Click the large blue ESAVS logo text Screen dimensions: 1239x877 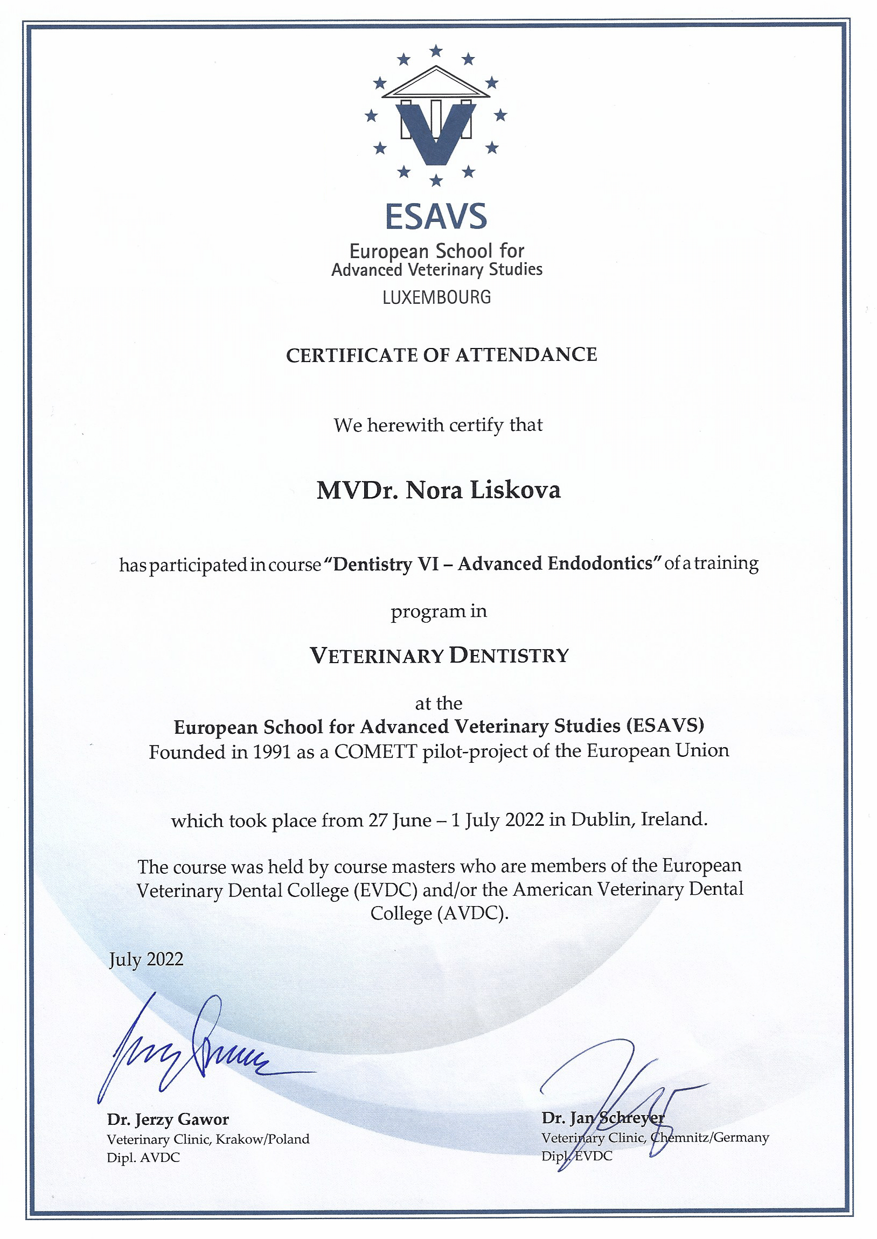(x=435, y=217)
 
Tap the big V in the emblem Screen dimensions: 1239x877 (x=436, y=133)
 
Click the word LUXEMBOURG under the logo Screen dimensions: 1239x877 (x=436, y=297)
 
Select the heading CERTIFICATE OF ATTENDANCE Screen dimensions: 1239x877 (x=441, y=354)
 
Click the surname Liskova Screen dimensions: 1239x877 (x=515, y=490)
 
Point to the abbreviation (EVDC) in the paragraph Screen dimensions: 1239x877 (x=386, y=890)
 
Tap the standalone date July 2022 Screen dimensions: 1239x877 (x=146, y=959)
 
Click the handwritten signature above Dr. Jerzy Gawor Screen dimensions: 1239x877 (x=189, y=1050)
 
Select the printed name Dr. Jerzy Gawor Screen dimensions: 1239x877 (x=168, y=1119)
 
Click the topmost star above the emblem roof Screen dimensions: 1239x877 (x=436, y=51)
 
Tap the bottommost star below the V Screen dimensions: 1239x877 (x=436, y=180)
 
